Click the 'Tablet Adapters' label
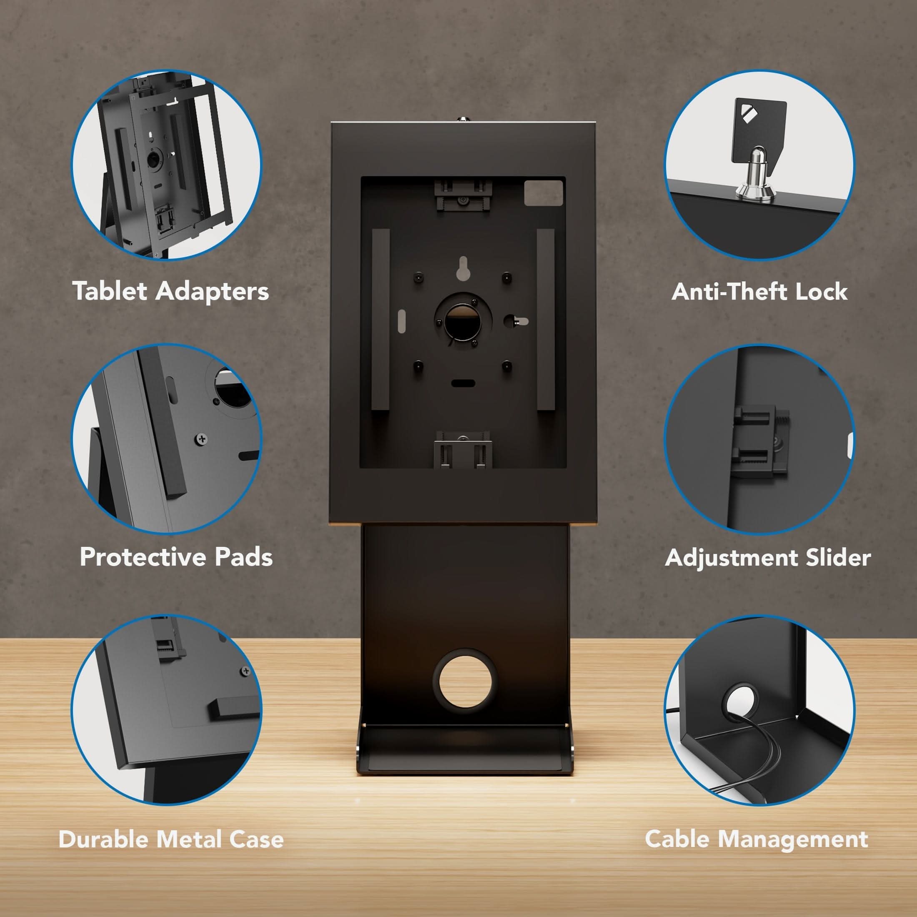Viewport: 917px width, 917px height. point(171,291)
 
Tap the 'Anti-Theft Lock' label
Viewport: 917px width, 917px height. point(759,291)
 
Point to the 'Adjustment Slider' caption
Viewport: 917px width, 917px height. point(767,557)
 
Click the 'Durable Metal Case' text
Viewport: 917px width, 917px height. point(171,839)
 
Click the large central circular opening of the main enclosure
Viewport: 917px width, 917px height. point(463,321)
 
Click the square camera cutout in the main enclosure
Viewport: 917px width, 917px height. point(543,193)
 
